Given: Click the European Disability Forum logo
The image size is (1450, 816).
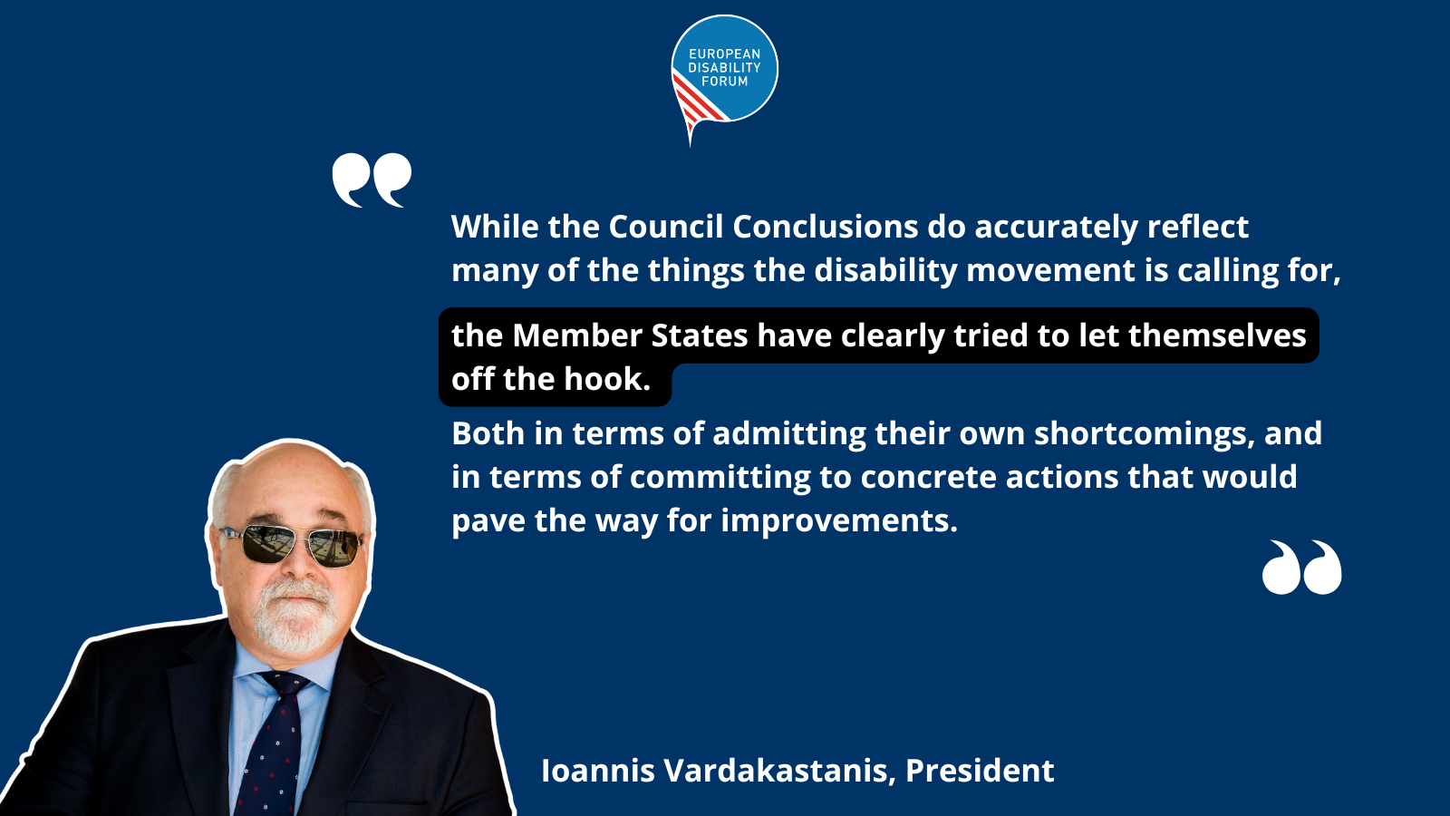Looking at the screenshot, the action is coord(724,72).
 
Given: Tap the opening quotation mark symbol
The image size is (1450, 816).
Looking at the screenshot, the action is coord(372,180).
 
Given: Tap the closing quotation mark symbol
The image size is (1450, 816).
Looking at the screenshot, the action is coord(1301,568).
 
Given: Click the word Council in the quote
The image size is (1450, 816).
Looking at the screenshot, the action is coord(665,227).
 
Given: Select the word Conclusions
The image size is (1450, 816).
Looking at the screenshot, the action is coord(826,227).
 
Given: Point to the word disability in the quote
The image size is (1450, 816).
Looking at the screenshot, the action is coord(885,271).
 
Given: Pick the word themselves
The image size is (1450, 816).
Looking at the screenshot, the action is coord(1218,335).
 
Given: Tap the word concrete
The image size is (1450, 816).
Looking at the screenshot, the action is coord(928,477).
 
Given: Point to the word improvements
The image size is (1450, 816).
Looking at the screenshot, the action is coord(839,521).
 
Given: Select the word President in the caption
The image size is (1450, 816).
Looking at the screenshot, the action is coord(980,771).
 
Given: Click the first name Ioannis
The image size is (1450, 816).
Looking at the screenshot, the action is coord(598,771).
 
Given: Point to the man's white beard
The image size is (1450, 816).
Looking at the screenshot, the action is coord(295,616).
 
